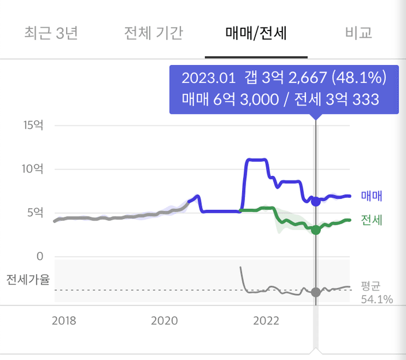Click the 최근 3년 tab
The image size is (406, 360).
(x=51, y=33)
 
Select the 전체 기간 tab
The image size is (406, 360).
(x=154, y=33)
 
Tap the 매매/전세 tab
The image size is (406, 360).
(x=256, y=33)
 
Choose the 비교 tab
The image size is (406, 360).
(x=359, y=33)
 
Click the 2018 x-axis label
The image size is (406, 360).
(x=63, y=320)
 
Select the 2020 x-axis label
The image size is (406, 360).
(x=164, y=320)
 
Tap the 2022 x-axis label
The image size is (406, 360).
(x=266, y=320)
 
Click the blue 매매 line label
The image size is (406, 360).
(x=372, y=196)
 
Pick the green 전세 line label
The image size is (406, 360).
(x=372, y=220)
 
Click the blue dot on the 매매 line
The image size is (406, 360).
(x=315, y=201)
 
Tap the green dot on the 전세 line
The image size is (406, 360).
(x=315, y=230)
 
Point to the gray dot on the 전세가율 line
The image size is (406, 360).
(x=315, y=292)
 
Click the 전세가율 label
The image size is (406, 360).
(x=28, y=280)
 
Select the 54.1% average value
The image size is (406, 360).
(x=377, y=299)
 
